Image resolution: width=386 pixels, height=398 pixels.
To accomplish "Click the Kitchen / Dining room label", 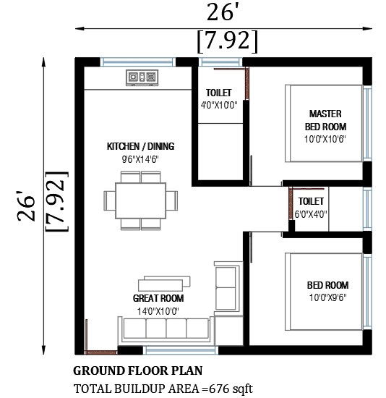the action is click(x=140, y=146).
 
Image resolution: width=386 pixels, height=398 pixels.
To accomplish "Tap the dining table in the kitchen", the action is click(x=141, y=200).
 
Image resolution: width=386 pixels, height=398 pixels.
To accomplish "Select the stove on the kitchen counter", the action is click(x=142, y=77).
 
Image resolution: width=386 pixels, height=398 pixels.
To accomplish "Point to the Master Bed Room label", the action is click(x=325, y=120).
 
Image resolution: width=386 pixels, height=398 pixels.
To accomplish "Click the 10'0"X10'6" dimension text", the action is click(x=325, y=139).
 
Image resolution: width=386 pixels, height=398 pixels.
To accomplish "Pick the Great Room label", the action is click(x=158, y=298).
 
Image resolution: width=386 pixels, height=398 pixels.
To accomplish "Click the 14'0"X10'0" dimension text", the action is click(x=158, y=311).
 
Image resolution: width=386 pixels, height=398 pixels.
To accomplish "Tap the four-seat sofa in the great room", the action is click(x=166, y=330).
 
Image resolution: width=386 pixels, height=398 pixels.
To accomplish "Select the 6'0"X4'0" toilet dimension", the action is click(x=311, y=214).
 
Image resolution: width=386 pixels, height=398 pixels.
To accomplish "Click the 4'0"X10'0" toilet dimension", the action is click(x=219, y=105).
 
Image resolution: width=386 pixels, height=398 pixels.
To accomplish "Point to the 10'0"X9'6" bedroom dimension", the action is click(x=327, y=297).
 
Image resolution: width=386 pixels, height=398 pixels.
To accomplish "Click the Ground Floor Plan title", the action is click(x=138, y=371).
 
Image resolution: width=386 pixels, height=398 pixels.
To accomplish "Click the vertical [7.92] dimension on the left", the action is click(x=57, y=202).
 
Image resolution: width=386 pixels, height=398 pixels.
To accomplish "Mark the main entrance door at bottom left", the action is click(x=100, y=352).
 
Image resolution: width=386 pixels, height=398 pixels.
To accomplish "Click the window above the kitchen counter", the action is click(x=138, y=62).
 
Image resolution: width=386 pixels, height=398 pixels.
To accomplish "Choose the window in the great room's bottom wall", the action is click(x=181, y=350).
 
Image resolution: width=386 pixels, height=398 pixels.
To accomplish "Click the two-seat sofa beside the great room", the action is click(x=228, y=288).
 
